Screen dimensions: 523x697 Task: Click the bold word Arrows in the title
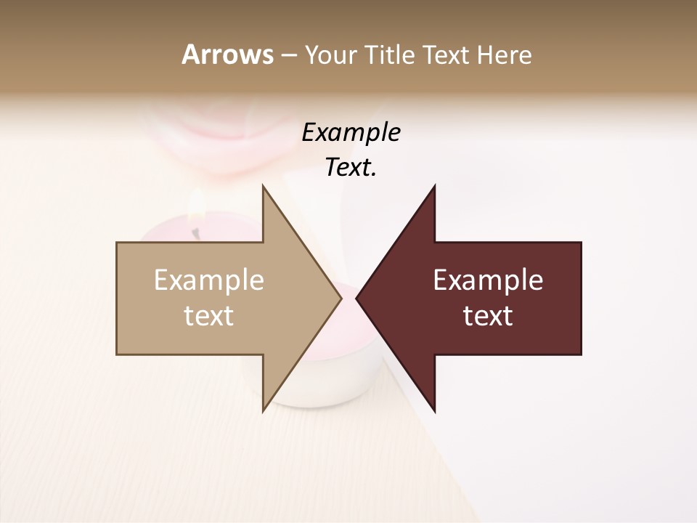(x=227, y=54)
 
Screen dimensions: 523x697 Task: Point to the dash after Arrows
(x=288, y=56)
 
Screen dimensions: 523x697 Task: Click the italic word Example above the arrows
(x=351, y=133)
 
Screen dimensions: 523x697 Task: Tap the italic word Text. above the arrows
(x=351, y=168)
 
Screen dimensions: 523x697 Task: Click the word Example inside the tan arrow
(x=209, y=280)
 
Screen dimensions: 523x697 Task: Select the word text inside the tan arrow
(x=209, y=315)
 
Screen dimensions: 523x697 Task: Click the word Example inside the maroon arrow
(x=488, y=280)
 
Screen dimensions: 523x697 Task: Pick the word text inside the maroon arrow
(x=488, y=315)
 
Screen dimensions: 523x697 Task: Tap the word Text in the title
(x=447, y=55)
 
